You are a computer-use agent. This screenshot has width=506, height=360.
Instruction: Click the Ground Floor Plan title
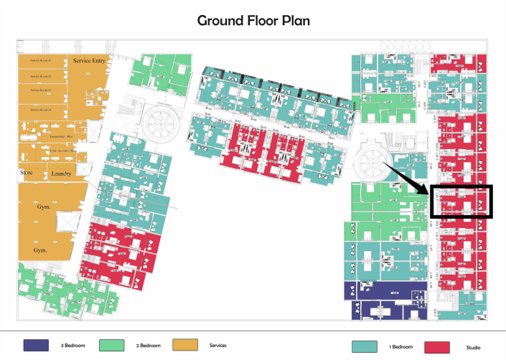click(254, 20)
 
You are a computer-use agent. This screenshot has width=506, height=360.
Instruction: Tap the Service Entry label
click(90, 61)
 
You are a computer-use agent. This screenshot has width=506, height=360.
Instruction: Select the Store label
click(26, 173)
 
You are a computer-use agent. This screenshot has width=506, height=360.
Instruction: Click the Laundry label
click(60, 174)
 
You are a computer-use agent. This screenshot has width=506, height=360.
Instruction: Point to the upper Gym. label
click(42, 207)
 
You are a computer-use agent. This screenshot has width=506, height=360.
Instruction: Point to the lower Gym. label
click(41, 250)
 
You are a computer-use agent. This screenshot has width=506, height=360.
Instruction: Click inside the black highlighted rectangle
click(462, 201)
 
